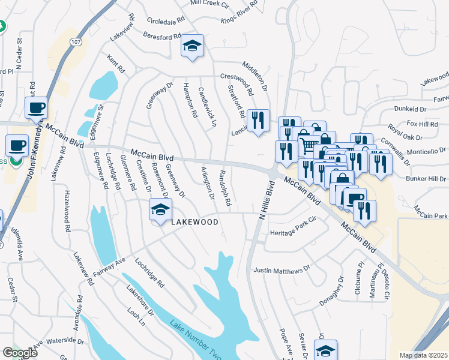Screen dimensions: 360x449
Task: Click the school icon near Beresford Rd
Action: [193, 46]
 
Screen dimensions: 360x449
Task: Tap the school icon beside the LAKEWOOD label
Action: [160, 211]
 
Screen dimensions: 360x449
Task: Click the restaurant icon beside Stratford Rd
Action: [258, 121]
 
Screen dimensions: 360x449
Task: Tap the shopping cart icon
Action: [309, 144]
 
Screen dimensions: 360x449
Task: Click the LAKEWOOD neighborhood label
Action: [194, 222]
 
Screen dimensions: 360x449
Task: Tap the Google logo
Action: [20, 353]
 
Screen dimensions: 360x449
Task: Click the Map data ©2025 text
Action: [423, 355]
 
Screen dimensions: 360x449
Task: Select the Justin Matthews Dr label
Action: [282, 271]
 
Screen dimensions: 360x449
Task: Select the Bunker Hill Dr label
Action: [426, 179]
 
